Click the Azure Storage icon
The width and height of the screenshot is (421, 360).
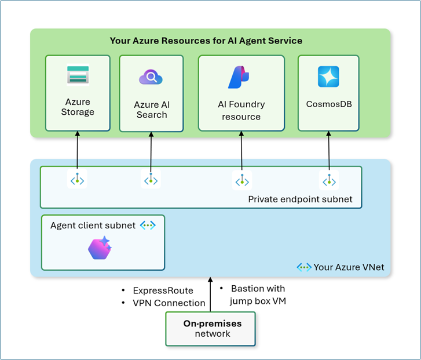[78, 75]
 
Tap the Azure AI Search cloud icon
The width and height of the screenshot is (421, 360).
[151, 78]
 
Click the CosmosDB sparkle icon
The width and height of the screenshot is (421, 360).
[328, 77]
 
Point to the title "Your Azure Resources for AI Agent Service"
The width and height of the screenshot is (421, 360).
[206, 41]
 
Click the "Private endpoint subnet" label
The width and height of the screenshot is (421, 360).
[300, 199]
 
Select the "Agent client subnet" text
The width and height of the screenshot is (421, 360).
[93, 225]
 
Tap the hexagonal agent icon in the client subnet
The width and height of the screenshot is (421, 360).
[99, 248]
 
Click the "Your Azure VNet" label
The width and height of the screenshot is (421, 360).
[349, 267]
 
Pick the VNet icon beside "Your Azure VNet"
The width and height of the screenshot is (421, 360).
[304, 267]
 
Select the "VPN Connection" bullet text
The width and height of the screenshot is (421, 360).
[169, 303]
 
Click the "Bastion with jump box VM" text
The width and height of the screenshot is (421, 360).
[257, 294]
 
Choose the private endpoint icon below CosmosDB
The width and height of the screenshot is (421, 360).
[330, 180]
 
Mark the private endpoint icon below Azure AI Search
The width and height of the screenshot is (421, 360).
[151, 180]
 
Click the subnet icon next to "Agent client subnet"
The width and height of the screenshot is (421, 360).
[148, 225]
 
